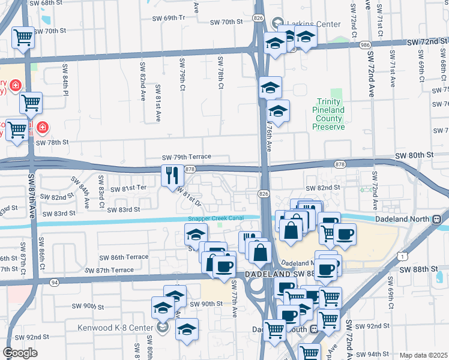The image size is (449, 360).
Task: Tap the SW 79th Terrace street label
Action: point(187,157)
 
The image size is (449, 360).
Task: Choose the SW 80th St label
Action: point(414,155)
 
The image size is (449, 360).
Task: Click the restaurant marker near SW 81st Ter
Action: point(172,175)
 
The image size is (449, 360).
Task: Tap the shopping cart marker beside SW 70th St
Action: point(23,37)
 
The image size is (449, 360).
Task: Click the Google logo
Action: point(20,353)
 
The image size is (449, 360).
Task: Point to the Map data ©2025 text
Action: point(423,355)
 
